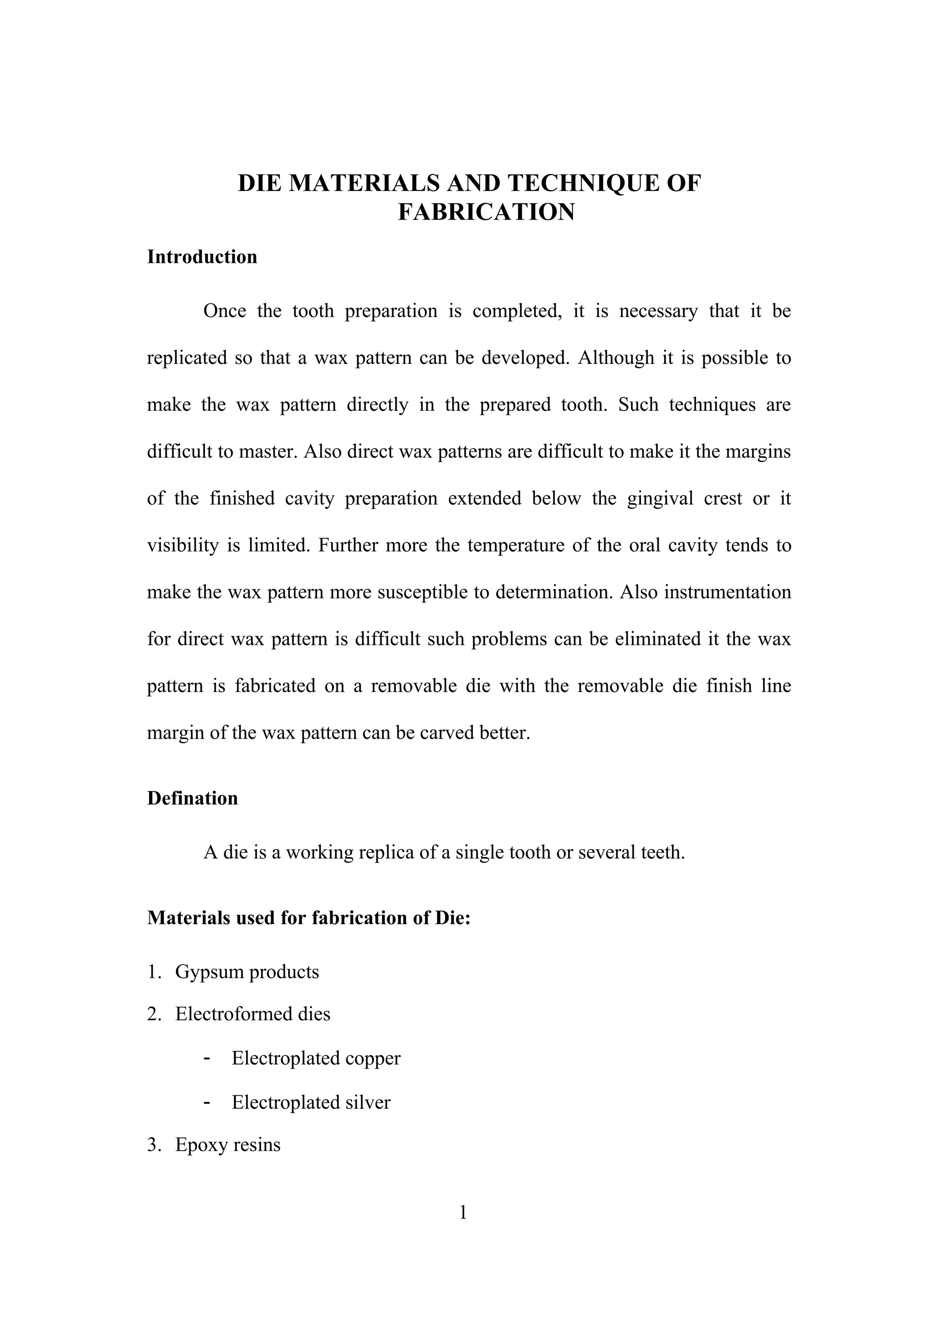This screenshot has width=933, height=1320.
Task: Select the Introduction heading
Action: pos(202,256)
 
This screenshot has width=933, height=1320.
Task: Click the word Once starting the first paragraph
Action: pos(224,311)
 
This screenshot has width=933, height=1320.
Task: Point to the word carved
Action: pos(447,733)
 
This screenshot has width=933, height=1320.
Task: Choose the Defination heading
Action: pos(192,798)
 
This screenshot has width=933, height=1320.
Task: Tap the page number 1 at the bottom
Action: pos(463,1213)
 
